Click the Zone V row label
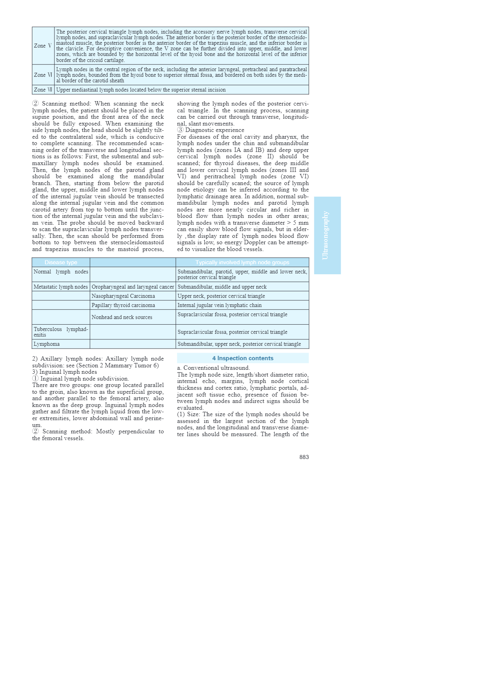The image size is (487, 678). [x=43, y=46]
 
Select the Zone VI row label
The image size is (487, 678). [x=43, y=75]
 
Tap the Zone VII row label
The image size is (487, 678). [x=43, y=90]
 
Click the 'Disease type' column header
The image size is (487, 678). [x=61, y=263]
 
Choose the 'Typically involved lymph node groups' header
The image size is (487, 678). [x=242, y=263]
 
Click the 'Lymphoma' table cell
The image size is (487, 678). [x=47, y=344]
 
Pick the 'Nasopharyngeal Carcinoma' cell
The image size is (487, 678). [x=123, y=296]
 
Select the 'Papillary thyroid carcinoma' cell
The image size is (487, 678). [x=123, y=305]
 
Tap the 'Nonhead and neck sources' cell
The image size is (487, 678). [x=122, y=317]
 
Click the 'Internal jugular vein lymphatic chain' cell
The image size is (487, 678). [x=220, y=305]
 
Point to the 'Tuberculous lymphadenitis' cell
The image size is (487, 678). [x=61, y=332]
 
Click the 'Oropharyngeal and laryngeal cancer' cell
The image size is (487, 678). [x=133, y=287]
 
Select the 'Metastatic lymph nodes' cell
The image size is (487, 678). [x=61, y=287]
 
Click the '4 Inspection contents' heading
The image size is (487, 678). [x=243, y=359]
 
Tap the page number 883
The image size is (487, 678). [x=304, y=457]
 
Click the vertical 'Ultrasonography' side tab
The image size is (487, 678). [x=327, y=235]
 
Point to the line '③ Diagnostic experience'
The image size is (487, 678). [x=211, y=130]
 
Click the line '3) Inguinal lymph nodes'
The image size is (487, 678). [x=64, y=372]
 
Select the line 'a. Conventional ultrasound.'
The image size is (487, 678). [x=214, y=368]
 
